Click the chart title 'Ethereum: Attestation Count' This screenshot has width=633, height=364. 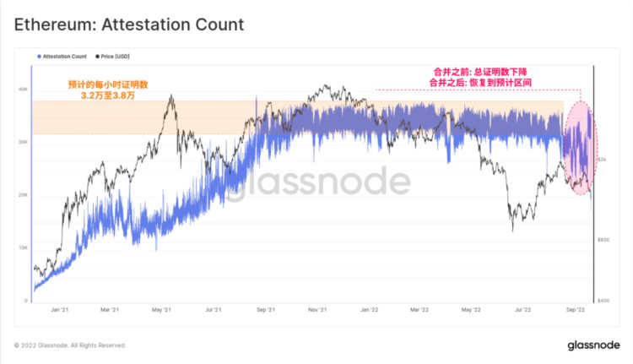[x=129, y=24]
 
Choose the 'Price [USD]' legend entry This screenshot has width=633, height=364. [x=113, y=56]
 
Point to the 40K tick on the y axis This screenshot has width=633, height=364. [x=24, y=90]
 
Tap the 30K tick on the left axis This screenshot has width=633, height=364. [x=24, y=143]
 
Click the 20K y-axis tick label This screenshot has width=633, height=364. [x=24, y=195]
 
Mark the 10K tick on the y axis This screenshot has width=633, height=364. [x=24, y=248]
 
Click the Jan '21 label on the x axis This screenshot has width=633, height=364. [x=60, y=310]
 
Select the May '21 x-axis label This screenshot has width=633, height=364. [x=163, y=310]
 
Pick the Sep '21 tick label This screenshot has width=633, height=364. [x=266, y=310]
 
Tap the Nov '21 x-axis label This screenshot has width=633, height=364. [x=318, y=310]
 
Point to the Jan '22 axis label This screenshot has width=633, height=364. [x=370, y=310]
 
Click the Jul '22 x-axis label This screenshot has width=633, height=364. [x=523, y=310]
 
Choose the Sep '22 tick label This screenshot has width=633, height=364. [x=575, y=310]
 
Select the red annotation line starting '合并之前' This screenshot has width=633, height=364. [x=484, y=73]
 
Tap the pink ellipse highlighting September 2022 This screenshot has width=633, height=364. [x=579, y=148]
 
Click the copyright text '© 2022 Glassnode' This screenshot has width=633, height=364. [x=70, y=345]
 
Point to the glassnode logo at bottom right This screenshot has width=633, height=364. [x=593, y=345]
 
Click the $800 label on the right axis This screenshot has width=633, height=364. [x=604, y=240]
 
